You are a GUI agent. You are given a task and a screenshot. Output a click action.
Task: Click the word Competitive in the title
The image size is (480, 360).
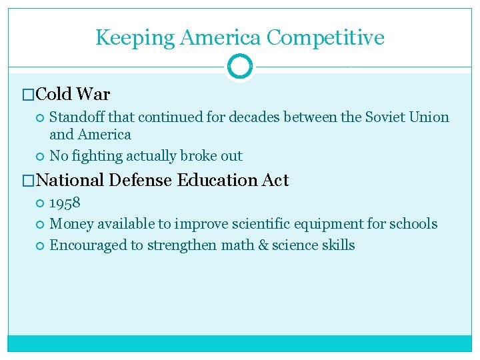point(325,37)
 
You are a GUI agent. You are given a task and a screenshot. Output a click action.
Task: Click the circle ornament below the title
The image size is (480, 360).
point(239,67)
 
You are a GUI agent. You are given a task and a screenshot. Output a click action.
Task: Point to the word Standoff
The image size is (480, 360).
point(77,117)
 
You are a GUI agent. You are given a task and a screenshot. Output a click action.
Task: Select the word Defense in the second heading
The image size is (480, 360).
point(141,180)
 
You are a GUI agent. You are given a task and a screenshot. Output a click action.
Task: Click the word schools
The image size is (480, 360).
point(415,224)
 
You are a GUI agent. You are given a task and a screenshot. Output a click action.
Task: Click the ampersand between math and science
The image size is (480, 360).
point(263,245)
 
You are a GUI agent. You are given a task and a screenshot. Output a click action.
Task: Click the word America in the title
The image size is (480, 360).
point(221,37)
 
